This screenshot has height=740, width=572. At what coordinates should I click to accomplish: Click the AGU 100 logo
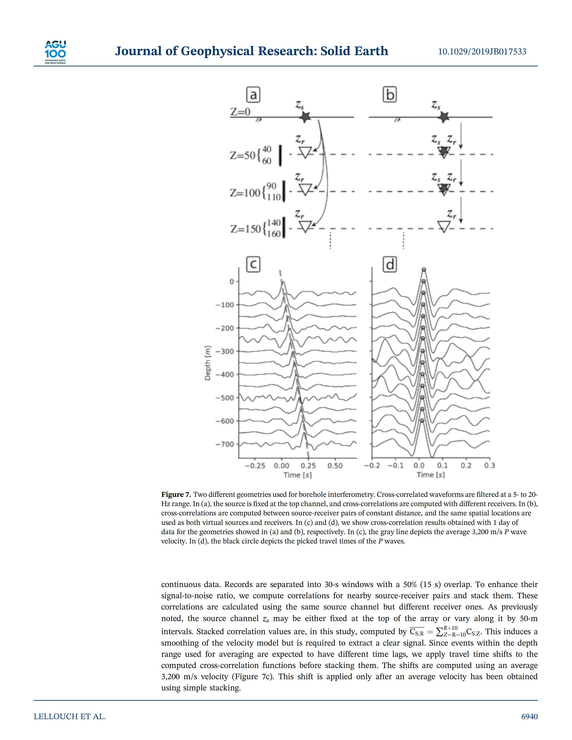click(55, 52)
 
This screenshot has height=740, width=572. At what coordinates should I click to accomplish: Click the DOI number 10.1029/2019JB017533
click(482, 52)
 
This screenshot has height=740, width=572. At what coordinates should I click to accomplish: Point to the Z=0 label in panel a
click(240, 112)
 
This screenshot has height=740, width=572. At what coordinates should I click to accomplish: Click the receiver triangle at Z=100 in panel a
click(305, 190)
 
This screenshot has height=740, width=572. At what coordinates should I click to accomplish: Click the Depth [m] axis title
click(208, 363)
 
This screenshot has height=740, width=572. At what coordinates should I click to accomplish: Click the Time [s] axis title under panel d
click(430, 475)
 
